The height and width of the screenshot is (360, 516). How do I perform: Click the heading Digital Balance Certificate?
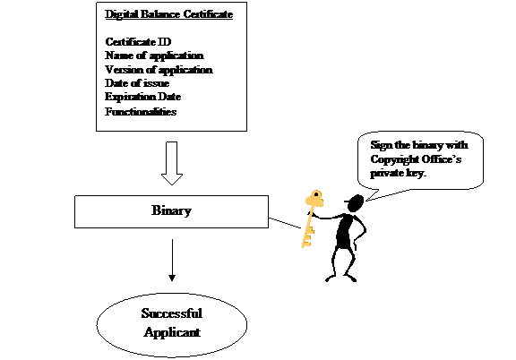point(168,14)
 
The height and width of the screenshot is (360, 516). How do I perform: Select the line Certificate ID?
point(138,42)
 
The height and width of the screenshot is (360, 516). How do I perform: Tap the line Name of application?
point(154,56)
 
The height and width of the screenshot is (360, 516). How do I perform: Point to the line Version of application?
point(159,70)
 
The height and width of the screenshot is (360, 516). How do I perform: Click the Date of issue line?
point(137,83)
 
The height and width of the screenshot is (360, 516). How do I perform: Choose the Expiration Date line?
point(143,97)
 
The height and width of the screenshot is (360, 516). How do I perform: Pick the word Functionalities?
point(141,112)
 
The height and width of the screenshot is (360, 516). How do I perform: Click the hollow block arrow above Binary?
point(172,163)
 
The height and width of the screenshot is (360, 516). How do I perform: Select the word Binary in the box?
point(171,210)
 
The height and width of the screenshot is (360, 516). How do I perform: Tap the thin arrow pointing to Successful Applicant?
point(172,260)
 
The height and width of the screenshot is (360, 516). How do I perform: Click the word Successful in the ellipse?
point(172,313)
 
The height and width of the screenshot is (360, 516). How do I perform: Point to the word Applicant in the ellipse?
point(172,332)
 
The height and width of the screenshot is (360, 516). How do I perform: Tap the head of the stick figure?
point(356,203)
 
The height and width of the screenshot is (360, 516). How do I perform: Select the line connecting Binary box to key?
point(285,223)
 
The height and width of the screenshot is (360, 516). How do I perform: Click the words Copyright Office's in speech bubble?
point(416,159)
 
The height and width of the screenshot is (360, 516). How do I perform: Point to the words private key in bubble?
point(398,173)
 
